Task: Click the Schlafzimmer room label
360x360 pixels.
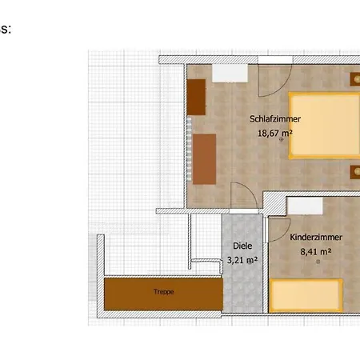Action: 275,119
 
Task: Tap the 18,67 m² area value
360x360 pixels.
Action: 274,133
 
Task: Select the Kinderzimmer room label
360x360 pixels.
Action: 316,237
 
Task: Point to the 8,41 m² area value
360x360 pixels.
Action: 316,251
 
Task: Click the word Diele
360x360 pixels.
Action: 242,246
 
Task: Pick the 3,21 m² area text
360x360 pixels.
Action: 242,260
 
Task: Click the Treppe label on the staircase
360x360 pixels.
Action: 163,292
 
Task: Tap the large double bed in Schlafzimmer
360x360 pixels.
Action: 324,126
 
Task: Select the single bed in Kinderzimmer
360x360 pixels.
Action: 306,295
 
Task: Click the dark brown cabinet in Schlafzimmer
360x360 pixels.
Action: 196,97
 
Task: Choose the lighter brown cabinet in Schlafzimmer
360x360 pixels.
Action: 204,159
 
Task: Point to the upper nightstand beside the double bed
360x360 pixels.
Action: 355,79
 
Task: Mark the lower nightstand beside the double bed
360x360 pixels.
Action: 355,172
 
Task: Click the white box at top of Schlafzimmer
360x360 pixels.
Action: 230,73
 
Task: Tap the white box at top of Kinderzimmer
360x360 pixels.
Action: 305,206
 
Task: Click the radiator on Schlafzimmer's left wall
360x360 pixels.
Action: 189,149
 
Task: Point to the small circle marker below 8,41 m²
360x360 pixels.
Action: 318,262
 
